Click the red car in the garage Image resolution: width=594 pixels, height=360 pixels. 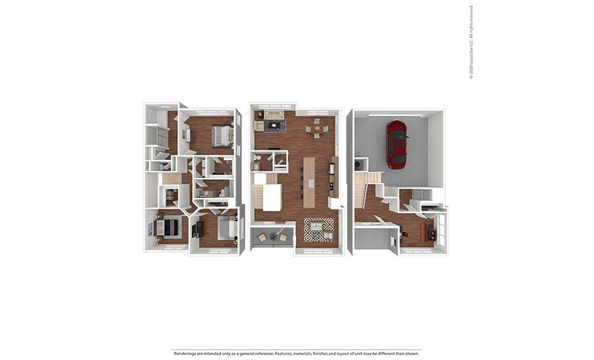[396, 144]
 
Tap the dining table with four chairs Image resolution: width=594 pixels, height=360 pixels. [317, 128]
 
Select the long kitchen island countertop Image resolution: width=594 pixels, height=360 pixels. [309, 182]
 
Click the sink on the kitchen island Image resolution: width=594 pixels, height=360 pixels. [311, 184]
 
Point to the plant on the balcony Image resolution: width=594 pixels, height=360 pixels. [273, 237]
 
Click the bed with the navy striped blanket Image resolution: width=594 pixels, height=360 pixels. [167, 227]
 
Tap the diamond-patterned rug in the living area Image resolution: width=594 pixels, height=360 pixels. [319, 230]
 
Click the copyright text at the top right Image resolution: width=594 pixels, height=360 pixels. [472, 42]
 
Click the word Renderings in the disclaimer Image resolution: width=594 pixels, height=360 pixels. [184, 354]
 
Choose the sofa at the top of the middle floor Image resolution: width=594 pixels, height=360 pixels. [274, 114]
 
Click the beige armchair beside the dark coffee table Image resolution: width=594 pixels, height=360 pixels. [258, 126]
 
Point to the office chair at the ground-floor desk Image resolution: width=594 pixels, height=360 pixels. [402, 233]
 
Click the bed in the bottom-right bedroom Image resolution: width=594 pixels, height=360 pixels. [227, 229]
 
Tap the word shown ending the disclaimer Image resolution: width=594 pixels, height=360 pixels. [412, 354]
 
